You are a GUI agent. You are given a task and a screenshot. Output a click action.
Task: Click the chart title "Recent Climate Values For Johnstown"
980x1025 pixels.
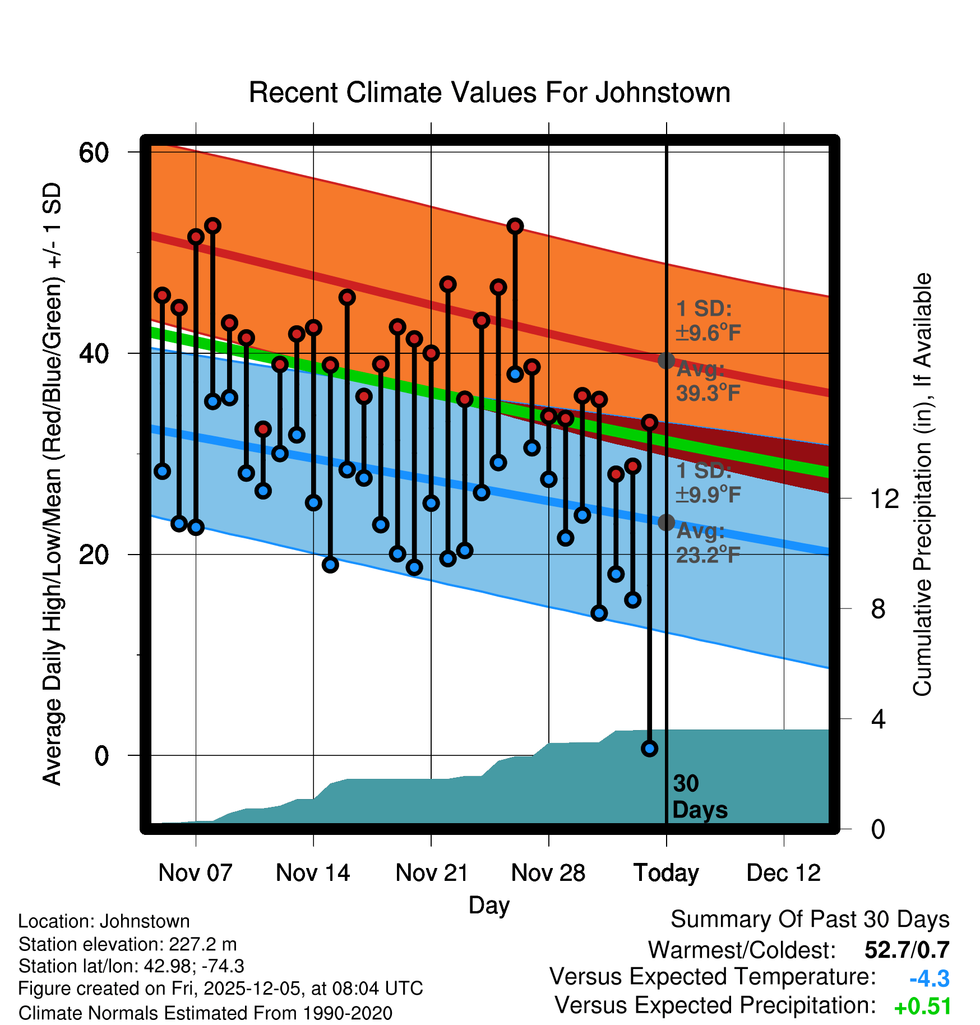489,93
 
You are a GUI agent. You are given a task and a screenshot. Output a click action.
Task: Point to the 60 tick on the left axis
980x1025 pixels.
94,153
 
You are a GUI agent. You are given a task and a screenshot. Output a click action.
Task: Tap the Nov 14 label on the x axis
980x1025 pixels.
313,873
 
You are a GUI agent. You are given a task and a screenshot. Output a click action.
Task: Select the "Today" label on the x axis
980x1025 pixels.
666,873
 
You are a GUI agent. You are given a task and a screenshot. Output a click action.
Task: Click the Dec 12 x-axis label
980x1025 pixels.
783,873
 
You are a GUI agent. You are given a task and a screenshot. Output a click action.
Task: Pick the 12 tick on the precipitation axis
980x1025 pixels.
885,498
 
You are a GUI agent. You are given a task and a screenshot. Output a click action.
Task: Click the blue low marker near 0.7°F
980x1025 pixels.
650,749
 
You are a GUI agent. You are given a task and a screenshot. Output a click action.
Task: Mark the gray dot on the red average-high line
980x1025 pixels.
666,361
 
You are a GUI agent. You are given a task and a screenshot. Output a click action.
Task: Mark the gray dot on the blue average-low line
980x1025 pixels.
666,523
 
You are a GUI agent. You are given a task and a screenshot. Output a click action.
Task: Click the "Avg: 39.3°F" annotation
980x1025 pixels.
708,382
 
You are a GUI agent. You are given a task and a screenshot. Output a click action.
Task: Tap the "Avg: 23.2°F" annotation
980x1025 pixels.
708,543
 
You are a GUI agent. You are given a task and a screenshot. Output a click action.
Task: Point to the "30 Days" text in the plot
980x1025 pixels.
700,797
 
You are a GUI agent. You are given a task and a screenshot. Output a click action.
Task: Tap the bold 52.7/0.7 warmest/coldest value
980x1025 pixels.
907,950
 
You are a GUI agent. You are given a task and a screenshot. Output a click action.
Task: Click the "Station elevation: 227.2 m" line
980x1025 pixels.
127,944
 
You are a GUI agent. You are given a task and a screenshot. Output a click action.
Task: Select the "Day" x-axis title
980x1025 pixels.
489,905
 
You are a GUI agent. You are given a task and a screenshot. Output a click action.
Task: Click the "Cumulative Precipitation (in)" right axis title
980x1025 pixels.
922,484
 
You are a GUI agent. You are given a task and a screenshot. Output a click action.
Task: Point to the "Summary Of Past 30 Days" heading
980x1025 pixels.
810,920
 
